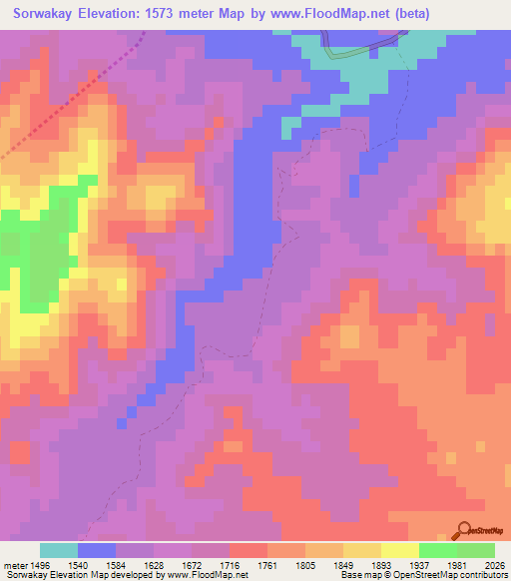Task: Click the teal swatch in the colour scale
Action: click(59, 550)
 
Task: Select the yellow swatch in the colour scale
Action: click(362, 550)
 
